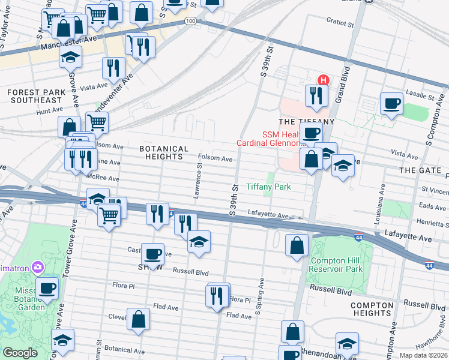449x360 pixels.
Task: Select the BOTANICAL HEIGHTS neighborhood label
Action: pos(164,152)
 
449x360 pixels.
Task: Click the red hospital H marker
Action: pos(323,80)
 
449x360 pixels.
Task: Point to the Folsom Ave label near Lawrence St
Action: pos(215,159)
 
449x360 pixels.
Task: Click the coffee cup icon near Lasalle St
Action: pos(392,103)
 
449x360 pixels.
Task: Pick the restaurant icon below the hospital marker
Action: pos(315,95)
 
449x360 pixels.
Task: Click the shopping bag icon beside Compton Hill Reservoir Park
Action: pos(297,244)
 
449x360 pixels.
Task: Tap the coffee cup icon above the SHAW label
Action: pos(153,253)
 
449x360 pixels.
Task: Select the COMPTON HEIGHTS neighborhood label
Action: pos(372,309)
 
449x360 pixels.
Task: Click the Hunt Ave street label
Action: pos(49,111)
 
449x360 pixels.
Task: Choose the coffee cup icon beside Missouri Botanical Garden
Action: pos(47,287)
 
